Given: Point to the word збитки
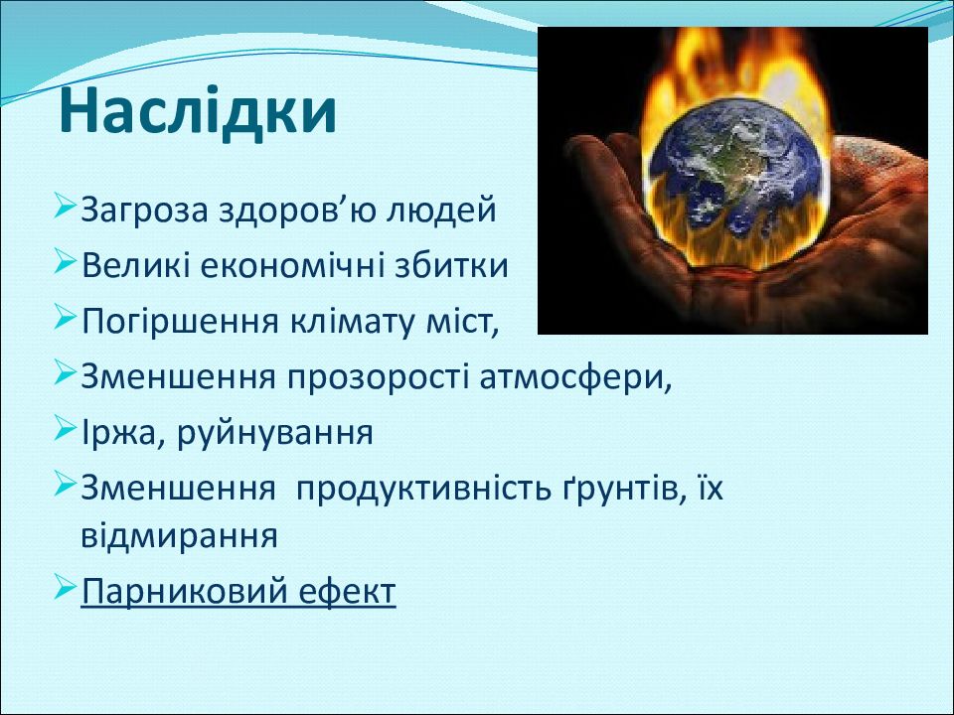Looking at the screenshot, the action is pyautogui.click(x=451, y=265).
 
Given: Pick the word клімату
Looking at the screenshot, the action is pyautogui.click(x=352, y=321).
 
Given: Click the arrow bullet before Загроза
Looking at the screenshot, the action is pyautogui.click(x=65, y=206).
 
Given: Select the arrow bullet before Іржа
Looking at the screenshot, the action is pyautogui.click(x=65, y=427).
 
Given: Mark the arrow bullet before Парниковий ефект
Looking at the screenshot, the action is pyautogui.click(x=65, y=586).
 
